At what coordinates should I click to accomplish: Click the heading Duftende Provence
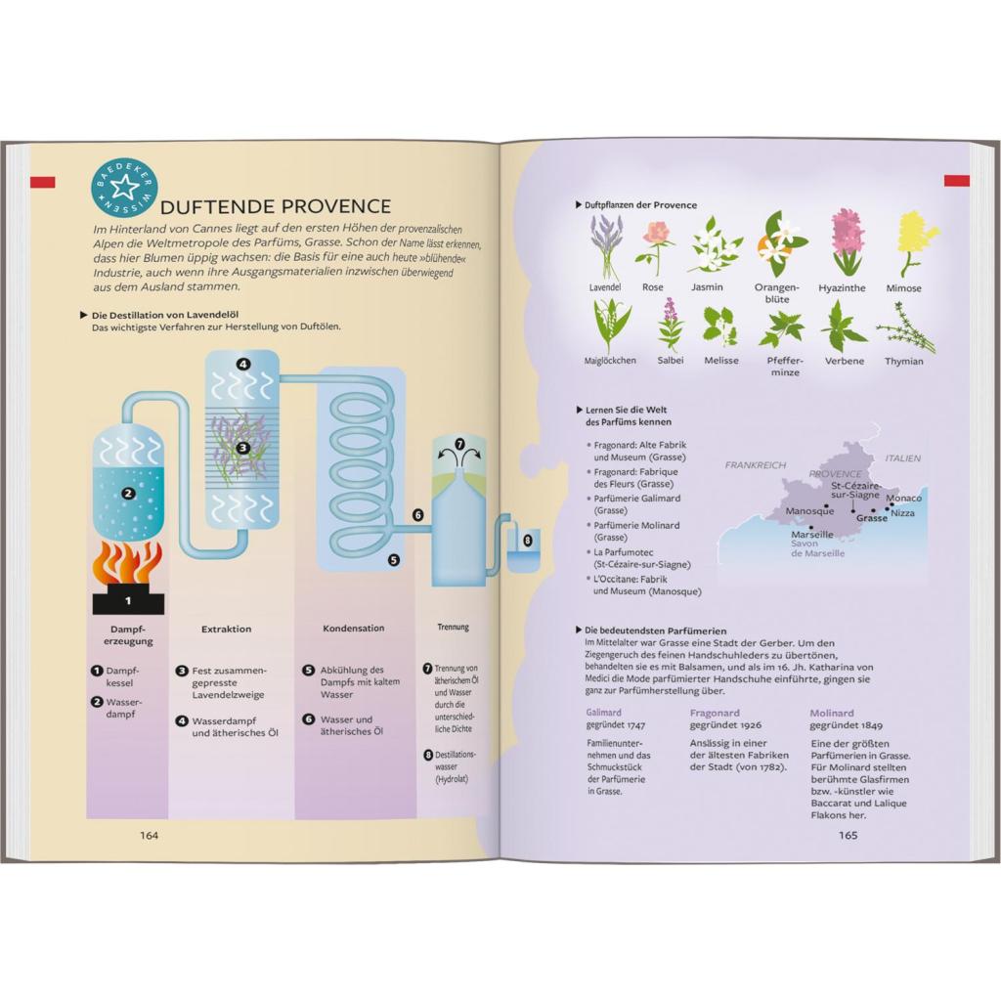click(x=275, y=206)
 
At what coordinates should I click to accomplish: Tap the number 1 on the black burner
click(x=128, y=600)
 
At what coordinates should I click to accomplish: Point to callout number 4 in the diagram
click(x=242, y=365)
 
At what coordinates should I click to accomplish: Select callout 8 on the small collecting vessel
click(x=527, y=540)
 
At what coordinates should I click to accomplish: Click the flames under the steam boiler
click(x=128, y=562)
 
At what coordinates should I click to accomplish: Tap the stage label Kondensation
click(x=353, y=629)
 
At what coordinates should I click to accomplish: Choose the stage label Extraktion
click(x=226, y=629)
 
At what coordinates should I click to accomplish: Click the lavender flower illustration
click(x=604, y=246)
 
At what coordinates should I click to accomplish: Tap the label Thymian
click(x=903, y=362)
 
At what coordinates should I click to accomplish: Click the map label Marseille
click(x=812, y=535)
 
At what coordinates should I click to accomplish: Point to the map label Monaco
click(x=903, y=498)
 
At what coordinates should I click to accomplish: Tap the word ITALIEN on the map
click(x=902, y=458)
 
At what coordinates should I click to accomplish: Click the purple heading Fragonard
click(x=715, y=713)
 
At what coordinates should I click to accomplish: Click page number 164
click(x=149, y=835)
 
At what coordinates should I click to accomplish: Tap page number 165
click(x=848, y=835)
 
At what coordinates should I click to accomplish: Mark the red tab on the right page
click(x=957, y=181)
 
